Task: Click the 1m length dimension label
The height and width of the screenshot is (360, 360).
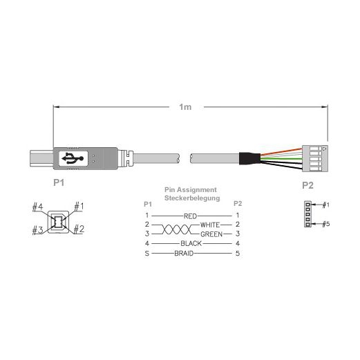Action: click(185, 107)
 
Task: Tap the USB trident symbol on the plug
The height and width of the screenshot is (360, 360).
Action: click(73, 158)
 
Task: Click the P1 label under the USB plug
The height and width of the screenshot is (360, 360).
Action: click(59, 182)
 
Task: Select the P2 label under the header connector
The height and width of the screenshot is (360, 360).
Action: click(307, 185)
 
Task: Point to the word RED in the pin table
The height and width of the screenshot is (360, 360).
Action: click(190, 216)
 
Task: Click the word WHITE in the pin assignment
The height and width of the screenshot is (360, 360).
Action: click(210, 225)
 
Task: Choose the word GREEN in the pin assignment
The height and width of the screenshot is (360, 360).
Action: click(211, 234)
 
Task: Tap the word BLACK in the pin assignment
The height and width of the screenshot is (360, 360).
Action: click(191, 243)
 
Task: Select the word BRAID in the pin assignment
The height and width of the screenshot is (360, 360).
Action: click(184, 254)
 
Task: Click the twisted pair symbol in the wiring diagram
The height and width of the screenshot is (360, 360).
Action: click(176, 229)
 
